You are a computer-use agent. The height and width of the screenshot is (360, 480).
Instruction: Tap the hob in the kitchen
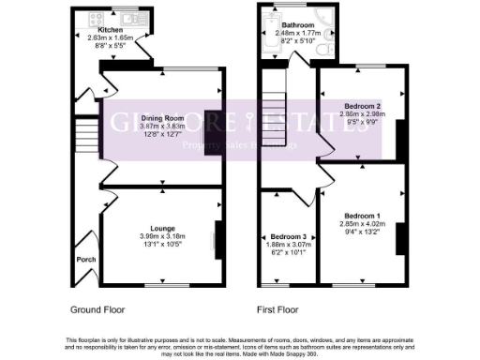(x=97, y=18)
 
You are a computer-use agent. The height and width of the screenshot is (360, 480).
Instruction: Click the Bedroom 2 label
(x=361, y=107)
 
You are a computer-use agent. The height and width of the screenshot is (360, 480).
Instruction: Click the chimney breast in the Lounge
(x=218, y=237)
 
